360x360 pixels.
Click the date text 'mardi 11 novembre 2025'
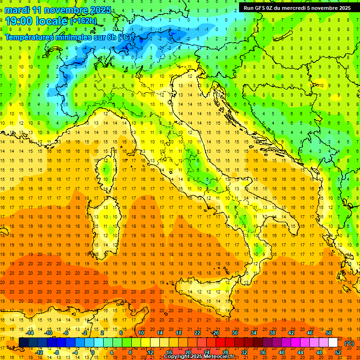(x=58, y=10)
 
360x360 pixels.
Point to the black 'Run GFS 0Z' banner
(x=297, y=7)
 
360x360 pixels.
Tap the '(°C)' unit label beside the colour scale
(x=349, y=343)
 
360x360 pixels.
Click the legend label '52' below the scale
(x=338, y=352)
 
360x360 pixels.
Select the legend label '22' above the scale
(x=197, y=333)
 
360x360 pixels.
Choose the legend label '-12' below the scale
(x=39, y=352)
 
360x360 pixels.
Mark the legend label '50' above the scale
(x=328, y=333)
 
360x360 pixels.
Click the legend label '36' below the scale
(x=263, y=352)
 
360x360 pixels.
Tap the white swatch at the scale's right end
(x=333, y=343)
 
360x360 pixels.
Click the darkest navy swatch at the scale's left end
(x=23, y=343)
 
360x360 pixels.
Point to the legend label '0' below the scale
(x=93, y=352)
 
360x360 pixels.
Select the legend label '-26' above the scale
(x=215, y=333)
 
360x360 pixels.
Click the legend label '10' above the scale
(x=141, y=333)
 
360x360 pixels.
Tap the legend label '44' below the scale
(x=300, y=352)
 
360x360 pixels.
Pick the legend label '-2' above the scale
(x=85, y=333)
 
